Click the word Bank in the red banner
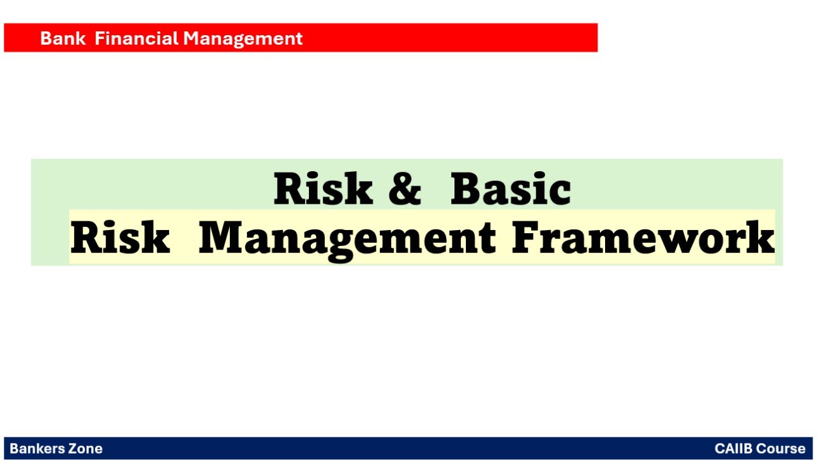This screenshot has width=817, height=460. (63, 38)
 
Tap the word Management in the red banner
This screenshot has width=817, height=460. (243, 38)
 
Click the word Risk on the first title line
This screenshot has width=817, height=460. (323, 189)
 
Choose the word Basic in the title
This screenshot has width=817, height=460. (511, 189)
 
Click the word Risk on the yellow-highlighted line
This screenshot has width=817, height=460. (119, 238)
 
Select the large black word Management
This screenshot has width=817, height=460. (347, 238)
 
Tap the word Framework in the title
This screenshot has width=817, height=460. (643, 238)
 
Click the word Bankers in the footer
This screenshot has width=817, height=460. (33, 448)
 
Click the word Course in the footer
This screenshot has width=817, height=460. (781, 448)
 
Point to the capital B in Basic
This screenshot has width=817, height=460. (467, 189)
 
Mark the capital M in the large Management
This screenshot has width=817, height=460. (221, 238)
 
